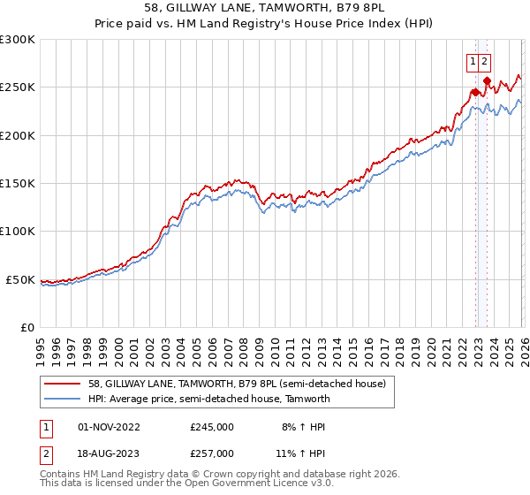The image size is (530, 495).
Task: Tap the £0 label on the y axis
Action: [x=26, y=327]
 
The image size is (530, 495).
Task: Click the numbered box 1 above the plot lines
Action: [x=473, y=62]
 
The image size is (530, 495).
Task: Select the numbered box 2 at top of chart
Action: [x=486, y=62]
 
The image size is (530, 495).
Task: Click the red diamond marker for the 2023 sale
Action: [x=487, y=81]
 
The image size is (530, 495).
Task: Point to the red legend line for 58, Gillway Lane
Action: [x=63, y=385]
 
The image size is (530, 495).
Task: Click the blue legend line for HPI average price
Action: [x=63, y=400]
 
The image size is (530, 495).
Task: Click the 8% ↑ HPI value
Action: [x=302, y=427]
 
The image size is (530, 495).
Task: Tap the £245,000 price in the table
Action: [x=212, y=427]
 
